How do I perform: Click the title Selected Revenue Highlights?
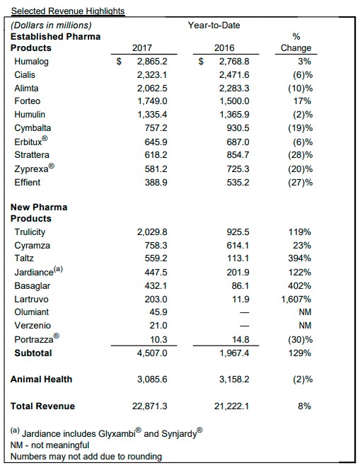(68, 11)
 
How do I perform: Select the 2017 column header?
(142, 47)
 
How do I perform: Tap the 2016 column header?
(224, 47)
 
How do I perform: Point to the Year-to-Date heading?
(214, 25)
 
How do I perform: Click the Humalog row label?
(31, 62)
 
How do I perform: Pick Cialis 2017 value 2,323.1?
(152, 75)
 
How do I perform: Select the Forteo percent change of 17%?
(302, 101)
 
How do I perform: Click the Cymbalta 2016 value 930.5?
(238, 127)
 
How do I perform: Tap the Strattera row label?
(32, 155)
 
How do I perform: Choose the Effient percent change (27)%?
(301, 183)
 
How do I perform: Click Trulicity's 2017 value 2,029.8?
(152, 232)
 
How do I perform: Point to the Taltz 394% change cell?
(299, 258)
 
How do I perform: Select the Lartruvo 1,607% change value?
(296, 299)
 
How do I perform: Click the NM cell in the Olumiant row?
(305, 312)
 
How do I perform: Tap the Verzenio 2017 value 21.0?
(158, 325)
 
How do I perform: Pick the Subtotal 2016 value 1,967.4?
(234, 353)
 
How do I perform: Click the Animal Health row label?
(42, 379)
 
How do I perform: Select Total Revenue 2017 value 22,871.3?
(150, 406)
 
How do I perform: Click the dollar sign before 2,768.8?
(201, 62)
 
